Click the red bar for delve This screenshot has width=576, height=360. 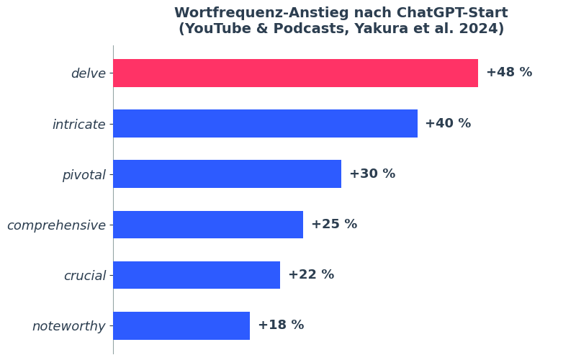295,73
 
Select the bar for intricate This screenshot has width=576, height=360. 265,123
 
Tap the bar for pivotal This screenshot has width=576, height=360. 227,174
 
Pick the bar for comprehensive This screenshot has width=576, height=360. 208,224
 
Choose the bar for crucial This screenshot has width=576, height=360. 197,274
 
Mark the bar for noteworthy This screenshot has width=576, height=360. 181,325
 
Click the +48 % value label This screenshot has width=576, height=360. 509,73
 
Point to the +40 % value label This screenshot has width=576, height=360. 448,123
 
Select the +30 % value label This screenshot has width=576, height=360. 372,174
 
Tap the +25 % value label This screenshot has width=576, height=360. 334,224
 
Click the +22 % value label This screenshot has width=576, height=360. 311,274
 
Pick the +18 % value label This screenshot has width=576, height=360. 281,325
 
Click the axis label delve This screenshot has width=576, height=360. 88,73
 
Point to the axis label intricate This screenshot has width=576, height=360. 78,125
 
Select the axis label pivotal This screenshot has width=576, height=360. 84,175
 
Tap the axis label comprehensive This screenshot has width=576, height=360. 56,225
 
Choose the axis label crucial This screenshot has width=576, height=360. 84,276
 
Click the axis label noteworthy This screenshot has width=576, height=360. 68,326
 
